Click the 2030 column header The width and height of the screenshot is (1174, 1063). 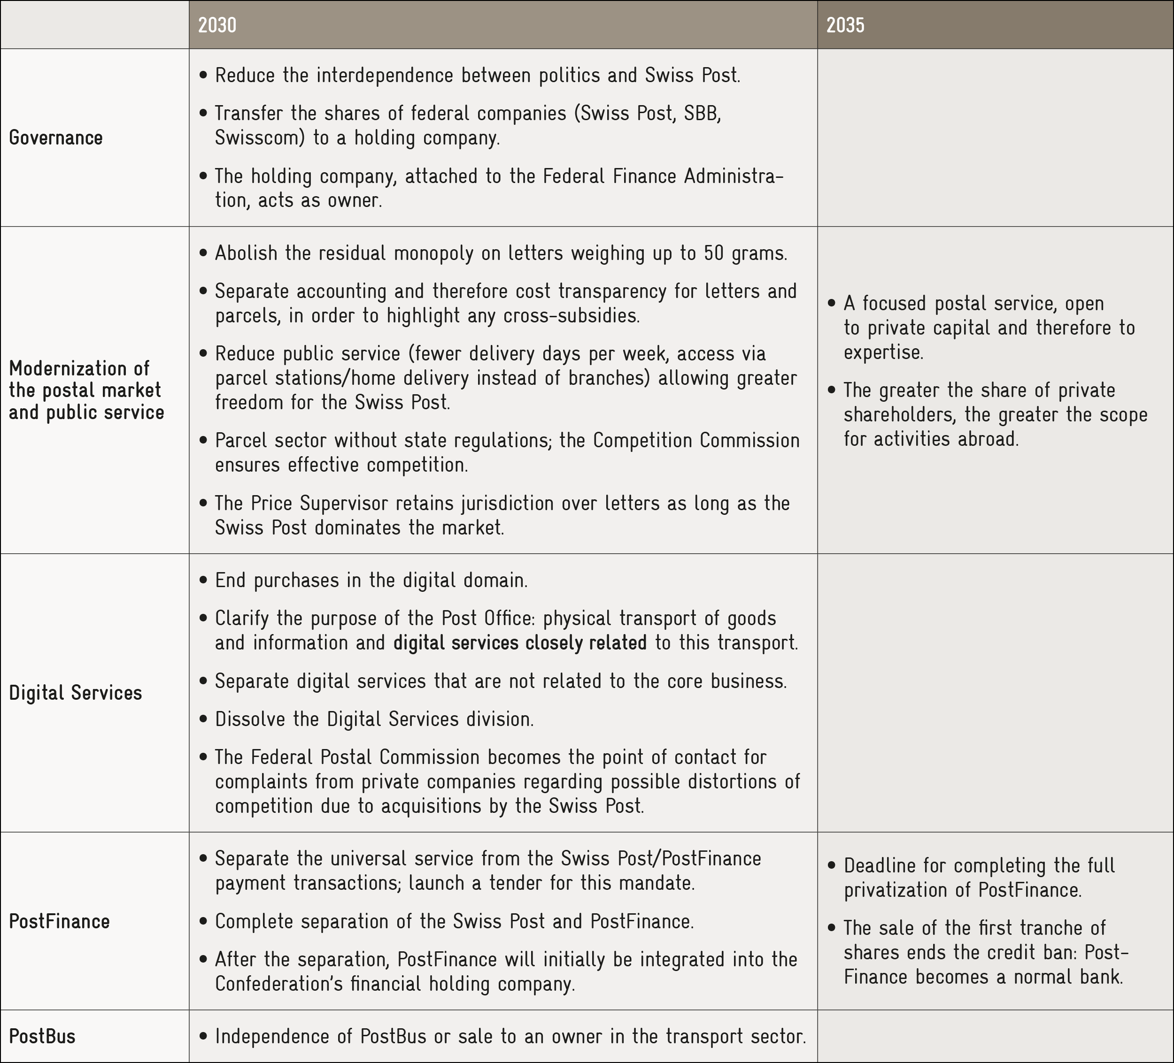click(217, 25)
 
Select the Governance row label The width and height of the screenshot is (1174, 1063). click(56, 138)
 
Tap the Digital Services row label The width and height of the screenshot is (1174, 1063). click(76, 693)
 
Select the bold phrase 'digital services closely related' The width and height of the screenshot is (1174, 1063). click(520, 642)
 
